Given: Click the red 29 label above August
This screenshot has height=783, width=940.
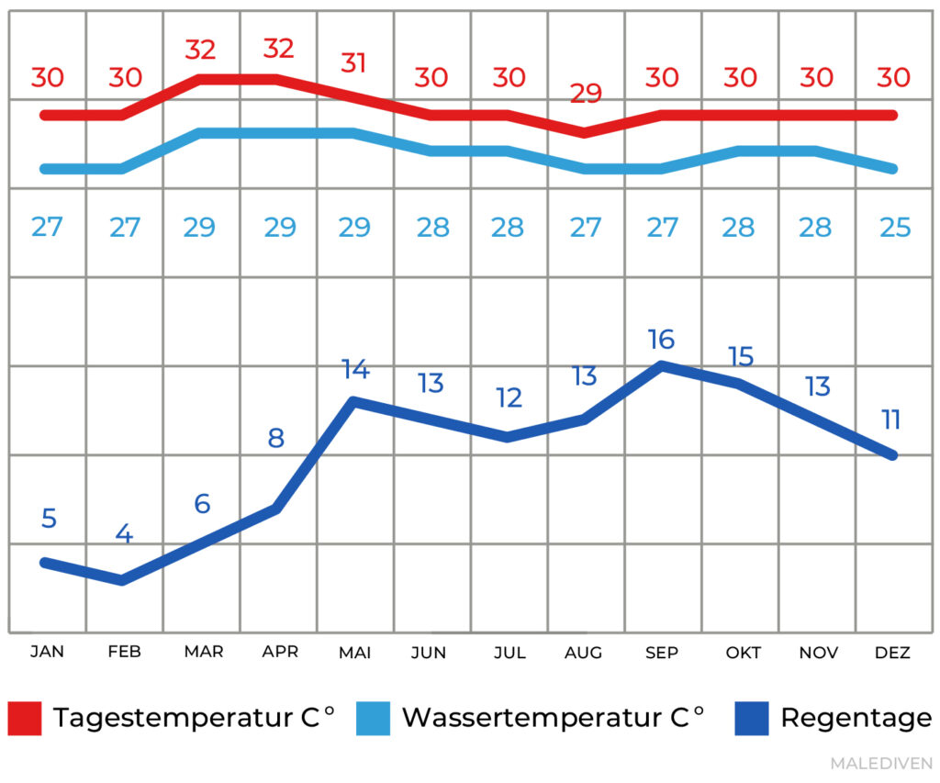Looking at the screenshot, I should pyautogui.click(x=586, y=94).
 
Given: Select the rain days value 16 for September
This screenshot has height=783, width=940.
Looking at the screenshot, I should pyautogui.click(x=661, y=340).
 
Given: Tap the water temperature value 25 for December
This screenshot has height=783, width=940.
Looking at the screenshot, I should pyautogui.click(x=895, y=227).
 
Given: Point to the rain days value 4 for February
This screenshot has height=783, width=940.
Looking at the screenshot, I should pyautogui.click(x=124, y=534).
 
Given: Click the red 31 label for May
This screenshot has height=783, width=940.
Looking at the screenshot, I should pyautogui.click(x=354, y=63).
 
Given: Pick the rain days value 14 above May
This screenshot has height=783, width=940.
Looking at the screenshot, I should pyautogui.click(x=355, y=370).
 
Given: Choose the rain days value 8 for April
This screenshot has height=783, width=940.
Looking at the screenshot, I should pyautogui.click(x=276, y=438).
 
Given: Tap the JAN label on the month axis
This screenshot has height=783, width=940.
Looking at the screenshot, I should pyautogui.click(x=47, y=653).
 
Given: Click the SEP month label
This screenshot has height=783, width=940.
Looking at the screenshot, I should pyautogui.click(x=661, y=653).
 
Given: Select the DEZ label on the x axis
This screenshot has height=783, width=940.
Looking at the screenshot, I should pyautogui.click(x=893, y=653).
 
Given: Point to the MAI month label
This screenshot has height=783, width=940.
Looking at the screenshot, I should pyautogui.click(x=355, y=653).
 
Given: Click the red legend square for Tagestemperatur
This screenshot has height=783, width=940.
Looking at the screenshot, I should pyautogui.click(x=25, y=718).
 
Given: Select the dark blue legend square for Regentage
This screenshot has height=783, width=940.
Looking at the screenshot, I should pyautogui.click(x=752, y=718).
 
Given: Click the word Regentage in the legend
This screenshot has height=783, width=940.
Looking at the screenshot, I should pyautogui.click(x=856, y=718).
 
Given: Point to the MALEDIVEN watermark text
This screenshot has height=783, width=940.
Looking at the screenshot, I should pyautogui.click(x=881, y=764).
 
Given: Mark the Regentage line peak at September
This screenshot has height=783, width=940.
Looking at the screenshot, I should pyautogui.click(x=661, y=365).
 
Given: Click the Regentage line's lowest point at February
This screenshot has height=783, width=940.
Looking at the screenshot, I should pyautogui.click(x=123, y=579).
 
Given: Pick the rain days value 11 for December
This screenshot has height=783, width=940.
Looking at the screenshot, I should pyautogui.click(x=891, y=420).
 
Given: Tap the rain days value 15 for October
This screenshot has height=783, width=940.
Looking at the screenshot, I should pyautogui.click(x=740, y=356).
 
